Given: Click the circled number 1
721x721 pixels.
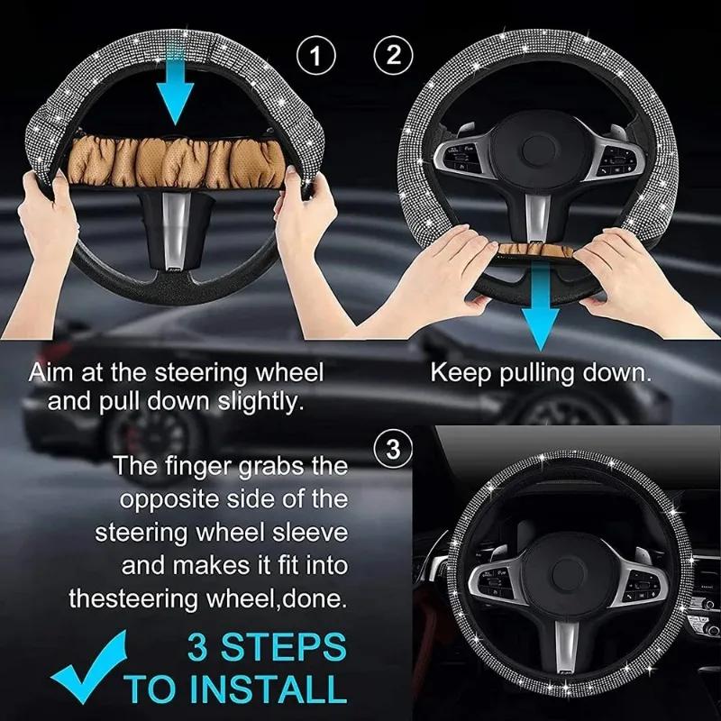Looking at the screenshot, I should tap(315, 57).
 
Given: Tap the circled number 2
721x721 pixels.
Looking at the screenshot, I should tap(392, 55).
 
